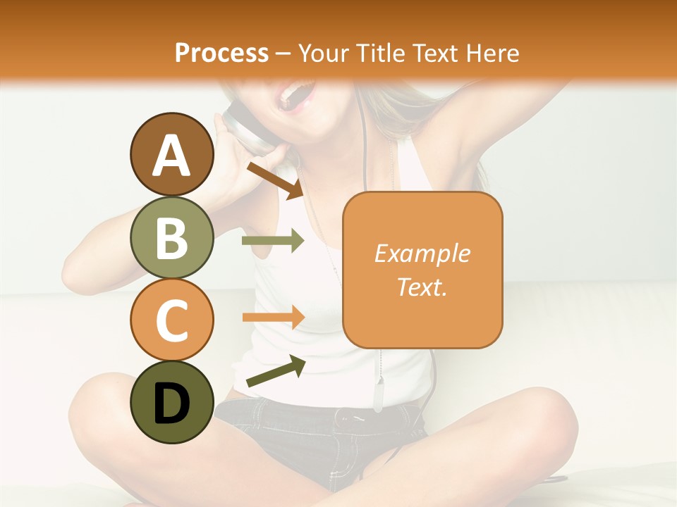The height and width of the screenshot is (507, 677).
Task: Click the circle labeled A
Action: [171, 154]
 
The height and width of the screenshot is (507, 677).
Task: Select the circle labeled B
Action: [171, 237]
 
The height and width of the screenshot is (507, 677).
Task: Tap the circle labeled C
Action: [171, 320]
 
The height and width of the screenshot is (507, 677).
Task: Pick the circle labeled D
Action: [171, 402]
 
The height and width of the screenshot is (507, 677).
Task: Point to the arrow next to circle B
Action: [273, 241]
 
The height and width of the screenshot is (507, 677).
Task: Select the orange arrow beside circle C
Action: [273, 317]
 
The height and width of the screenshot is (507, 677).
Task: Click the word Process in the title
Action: [221, 53]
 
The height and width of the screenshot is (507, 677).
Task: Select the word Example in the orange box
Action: [422, 254]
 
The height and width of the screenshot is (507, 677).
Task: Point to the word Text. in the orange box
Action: [422, 287]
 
